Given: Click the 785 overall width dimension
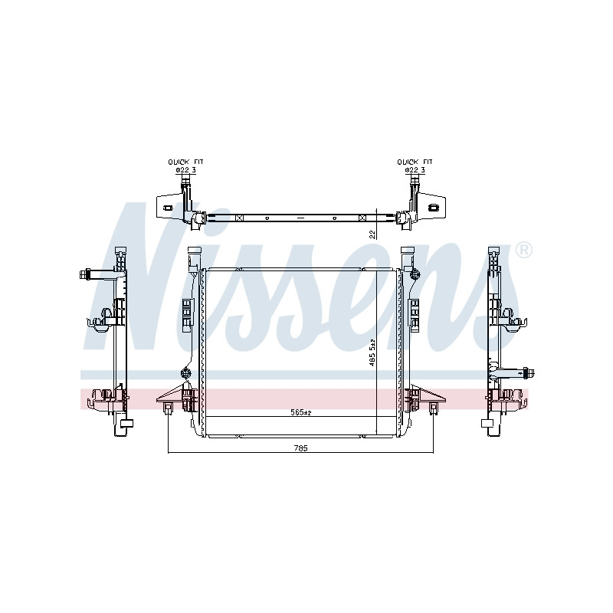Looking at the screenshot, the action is point(300,448).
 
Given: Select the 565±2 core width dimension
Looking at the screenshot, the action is point(300,412).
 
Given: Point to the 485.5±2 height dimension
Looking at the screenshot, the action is point(372,352).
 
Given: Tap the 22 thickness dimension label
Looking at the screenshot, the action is point(372,234).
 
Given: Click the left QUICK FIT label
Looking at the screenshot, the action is point(185,162).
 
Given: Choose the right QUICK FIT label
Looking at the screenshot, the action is point(415,162).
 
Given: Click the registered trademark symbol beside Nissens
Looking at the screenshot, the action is point(524,251).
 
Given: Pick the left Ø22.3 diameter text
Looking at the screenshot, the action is point(185,170).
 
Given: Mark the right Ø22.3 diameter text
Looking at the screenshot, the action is point(415,170).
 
